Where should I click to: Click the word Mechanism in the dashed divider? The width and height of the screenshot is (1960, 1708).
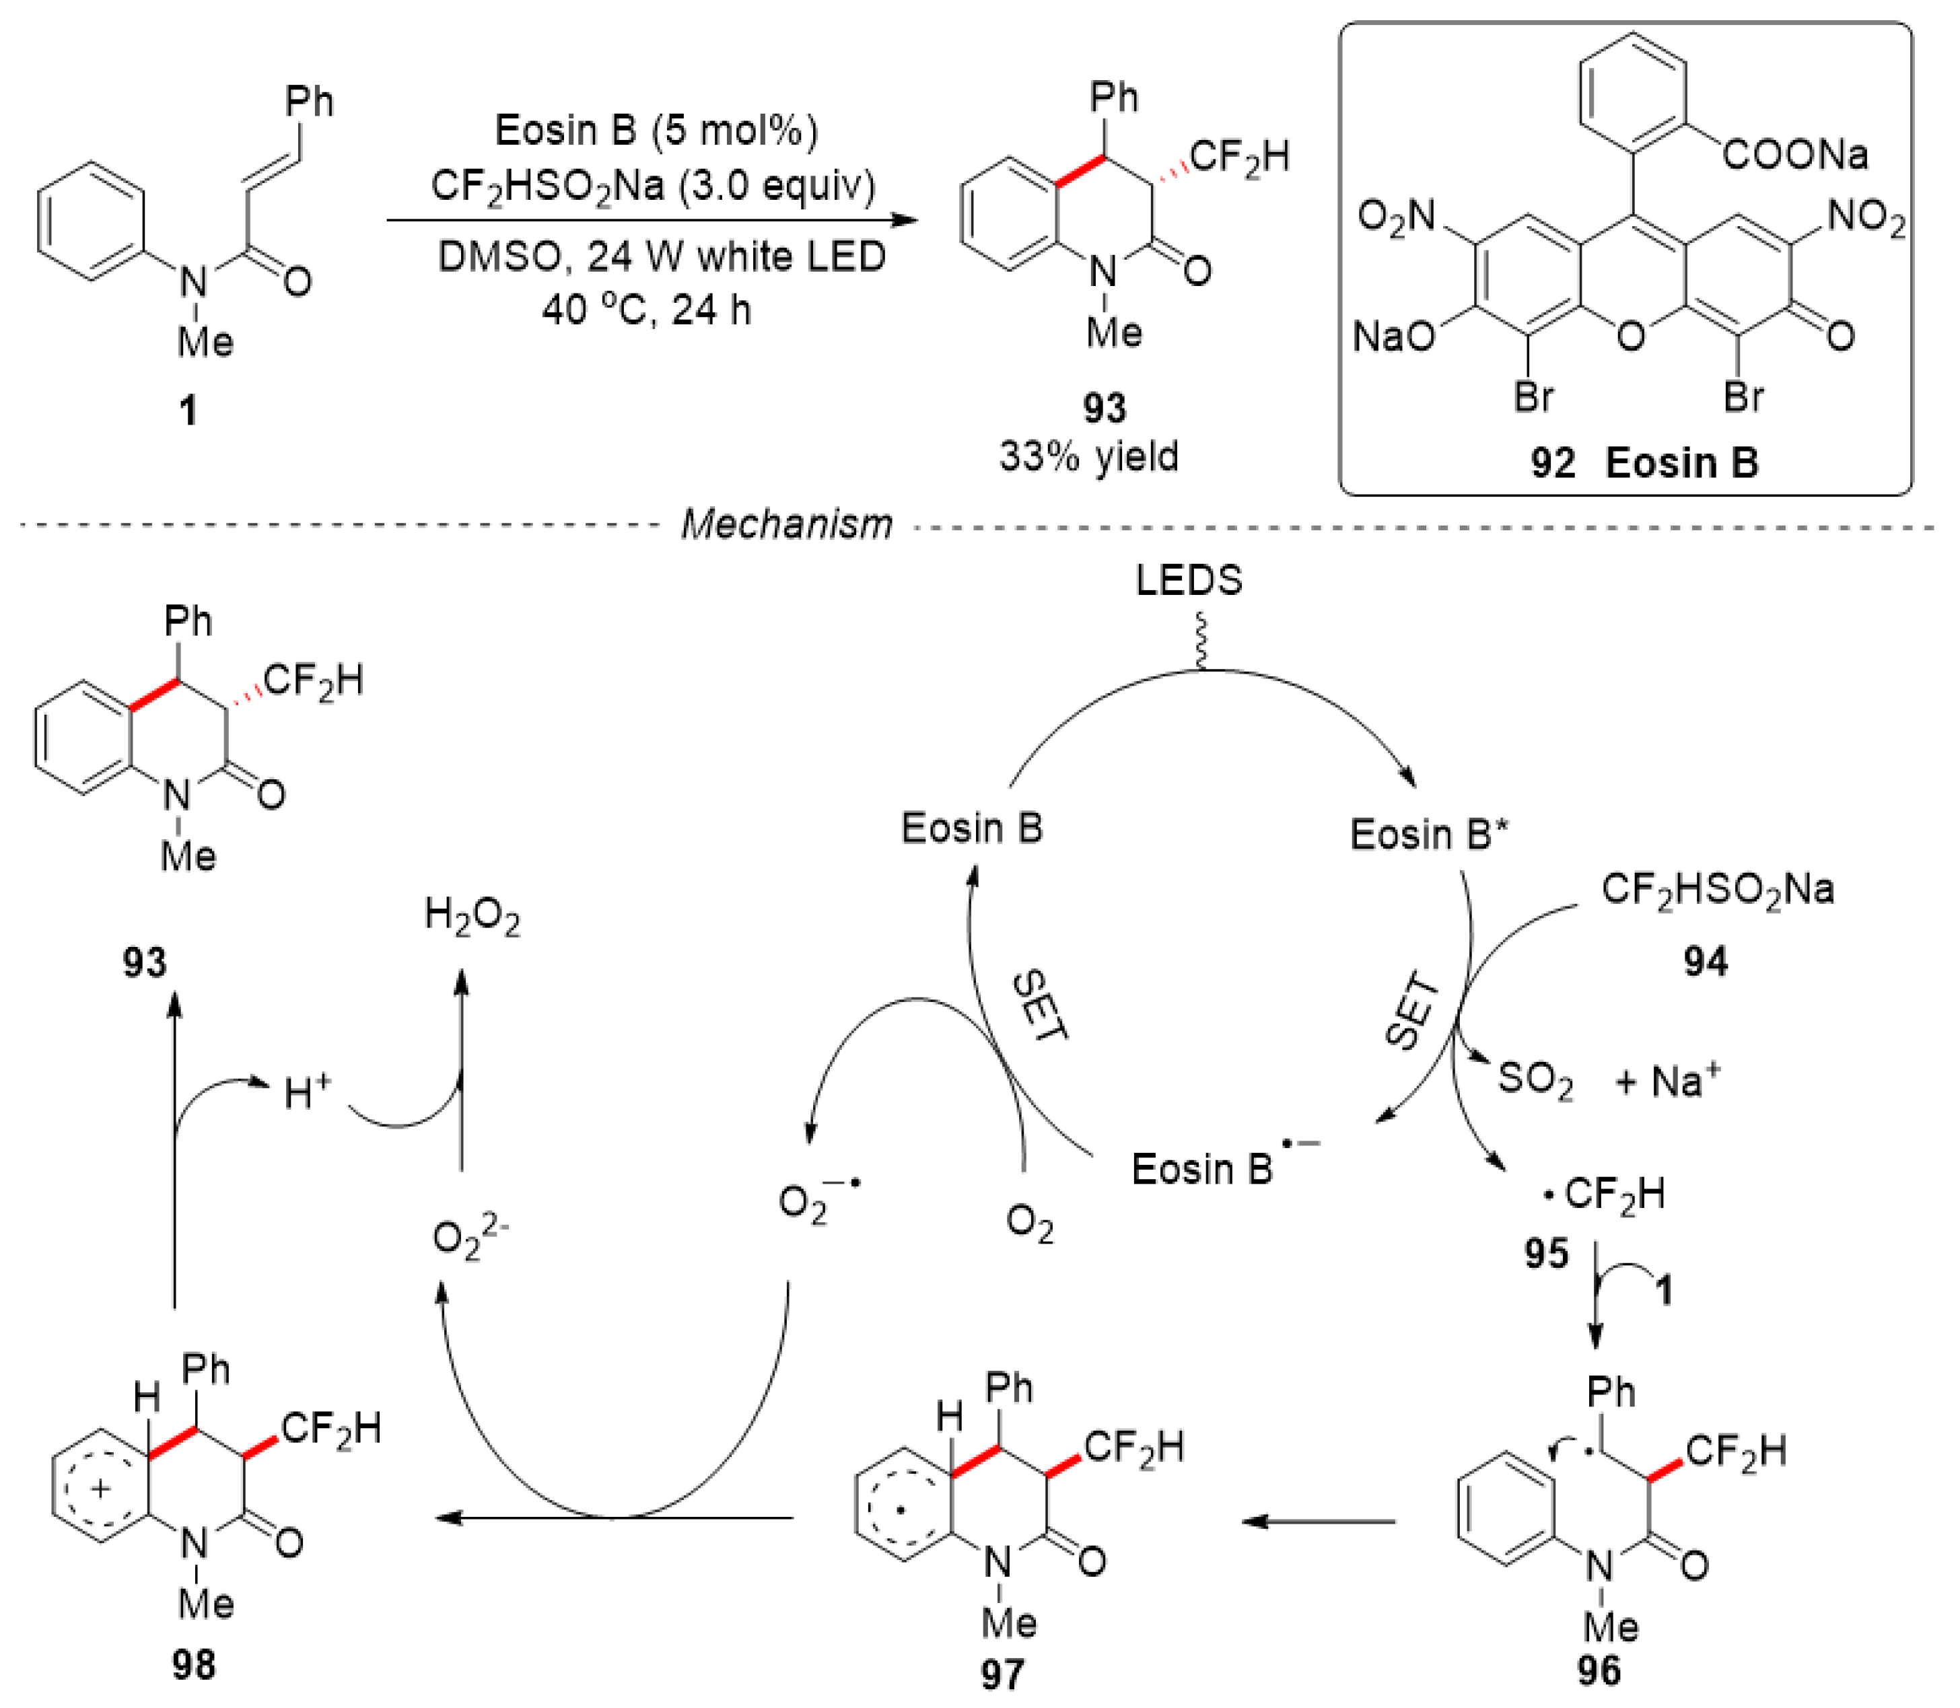pyautogui.click(x=786, y=524)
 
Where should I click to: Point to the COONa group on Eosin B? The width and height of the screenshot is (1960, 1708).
pyautogui.click(x=1795, y=154)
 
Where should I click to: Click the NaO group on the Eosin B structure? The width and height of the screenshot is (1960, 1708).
pyautogui.click(x=1394, y=336)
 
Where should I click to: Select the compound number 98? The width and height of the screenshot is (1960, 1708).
pyautogui.click(x=194, y=1664)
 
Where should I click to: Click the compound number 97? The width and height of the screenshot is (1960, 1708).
pyautogui.click(x=1002, y=1674)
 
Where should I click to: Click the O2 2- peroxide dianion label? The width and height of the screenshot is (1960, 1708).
pyautogui.click(x=470, y=1237)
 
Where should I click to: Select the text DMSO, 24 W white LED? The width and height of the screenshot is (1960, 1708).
pyautogui.click(x=662, y=256)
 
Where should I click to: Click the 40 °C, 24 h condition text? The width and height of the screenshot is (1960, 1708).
pyautogui.click(x=646, y=310)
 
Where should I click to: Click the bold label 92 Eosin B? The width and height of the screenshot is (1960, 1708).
pyautogui.click(x=1644, y=463)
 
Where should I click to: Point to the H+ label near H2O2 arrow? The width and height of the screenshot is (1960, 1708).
pyautogui.click(x=307, y=1093)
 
